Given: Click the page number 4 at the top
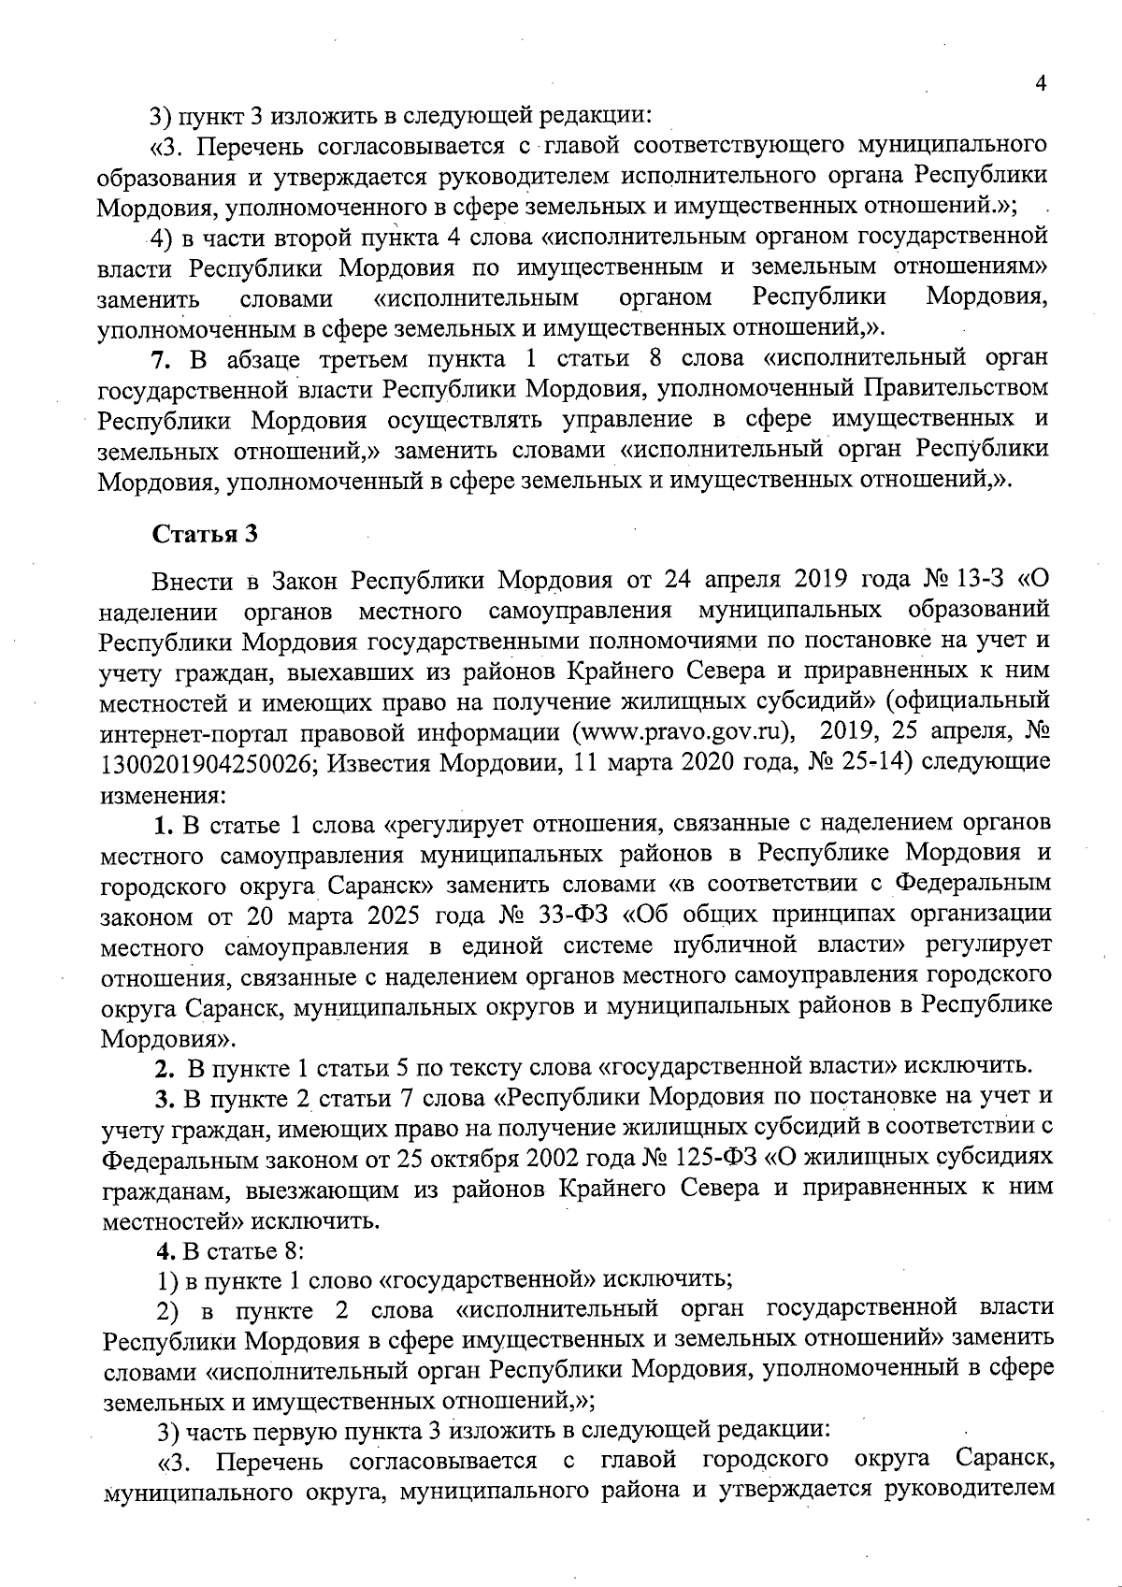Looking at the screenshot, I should tap(1041, 83).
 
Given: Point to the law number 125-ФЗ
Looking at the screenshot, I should tap(712, 1158).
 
